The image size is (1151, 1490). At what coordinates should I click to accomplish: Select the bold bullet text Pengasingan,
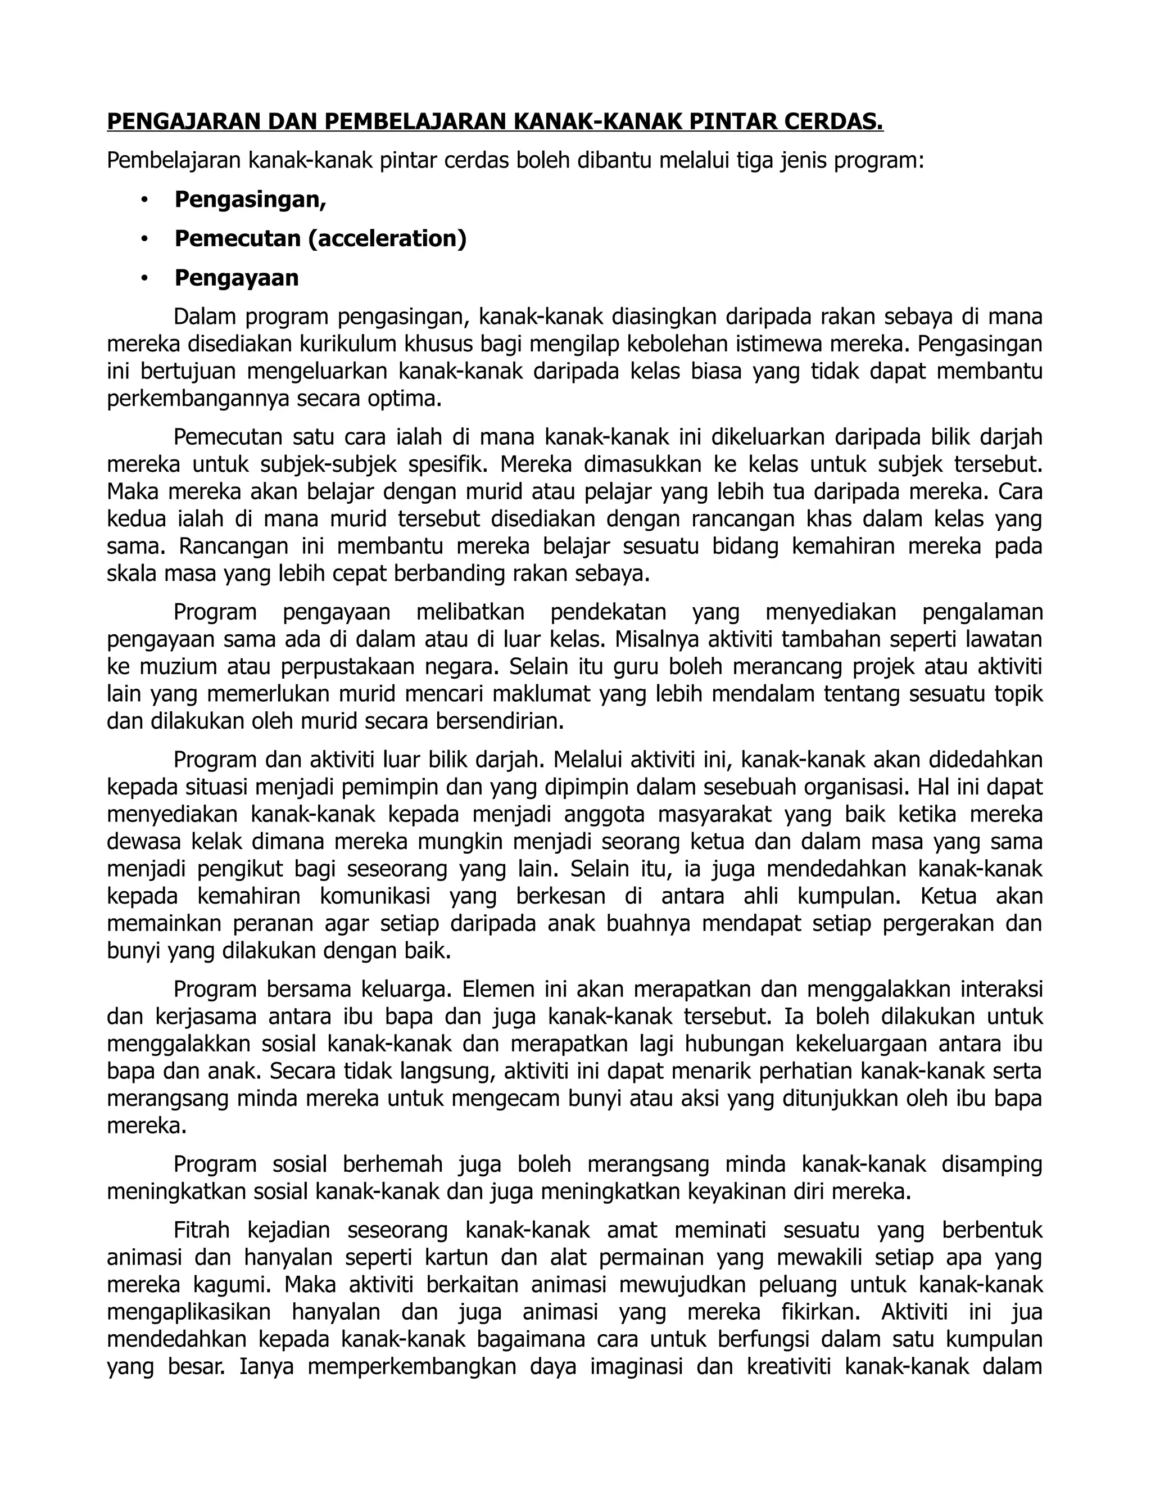(250, 200)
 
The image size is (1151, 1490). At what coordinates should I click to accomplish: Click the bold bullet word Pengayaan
(237, 278)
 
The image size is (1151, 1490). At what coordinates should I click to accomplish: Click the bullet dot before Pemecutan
(144, 240)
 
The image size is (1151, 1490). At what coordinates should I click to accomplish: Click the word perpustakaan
(347, 666)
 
